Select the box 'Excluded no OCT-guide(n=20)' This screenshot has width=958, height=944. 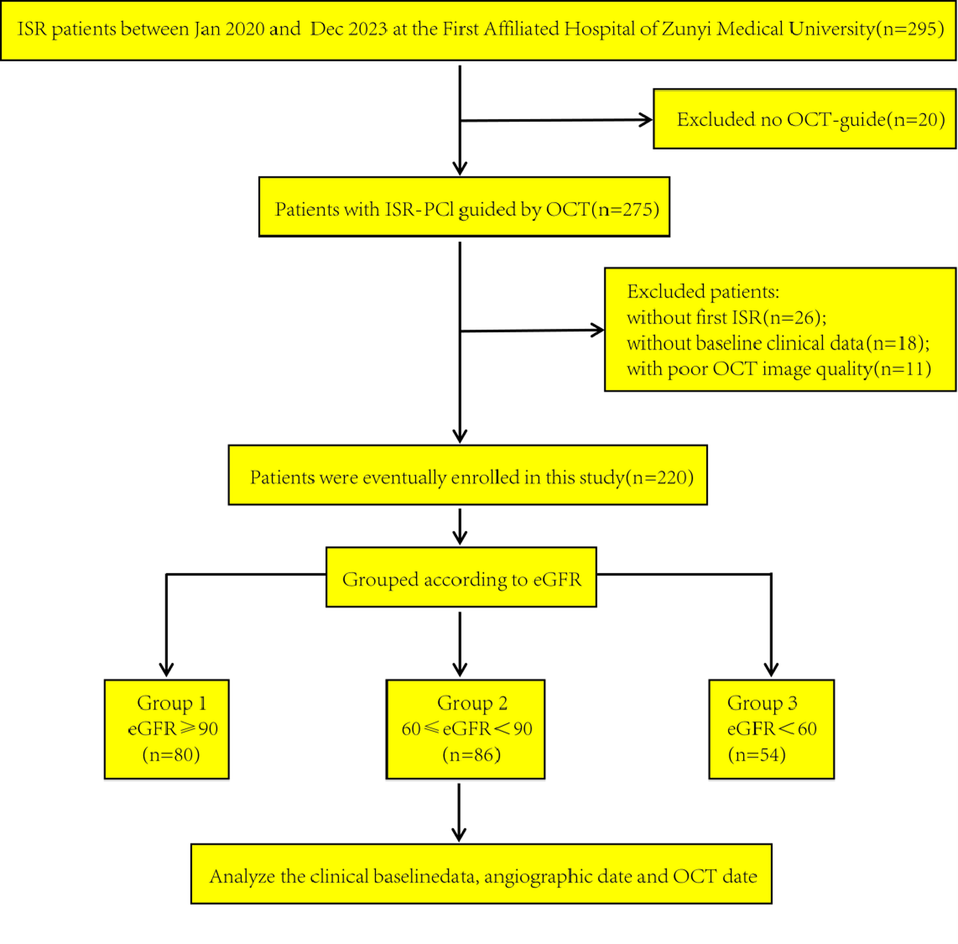click(804, 119)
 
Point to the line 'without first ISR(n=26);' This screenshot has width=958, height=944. click(726, 317)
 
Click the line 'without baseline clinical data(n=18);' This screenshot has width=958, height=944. click(778, 343)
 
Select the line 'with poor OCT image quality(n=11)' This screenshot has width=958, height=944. click(778, 369)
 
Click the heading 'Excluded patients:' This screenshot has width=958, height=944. click(703, 292)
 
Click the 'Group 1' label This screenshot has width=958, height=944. click(171, 703)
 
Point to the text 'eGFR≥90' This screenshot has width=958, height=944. click(173, 729)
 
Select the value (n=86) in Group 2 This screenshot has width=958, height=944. click(471, 755)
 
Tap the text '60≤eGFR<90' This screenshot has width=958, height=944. click(467, 729)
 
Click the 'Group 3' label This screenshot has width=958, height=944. click(762, 703)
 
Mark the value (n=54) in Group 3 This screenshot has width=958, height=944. click(756, 755)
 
